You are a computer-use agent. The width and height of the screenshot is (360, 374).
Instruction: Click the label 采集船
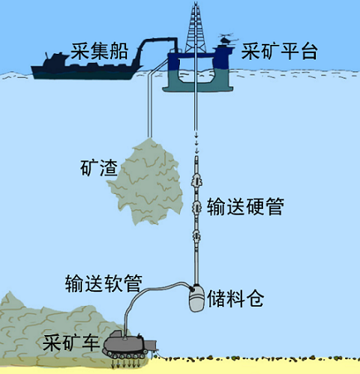pyautogui.click(x=100, y=51)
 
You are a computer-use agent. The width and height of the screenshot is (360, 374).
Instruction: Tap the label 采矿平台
pyautogui.click(x=280, y=51)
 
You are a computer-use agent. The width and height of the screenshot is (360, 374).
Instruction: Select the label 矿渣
pyautogui.click(x=99, y=168)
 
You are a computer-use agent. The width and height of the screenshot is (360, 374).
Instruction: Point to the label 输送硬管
pyautogui.click(x=246, y=206)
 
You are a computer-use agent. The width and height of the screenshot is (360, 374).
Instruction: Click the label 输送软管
pyautogui.click(x=104, y=284)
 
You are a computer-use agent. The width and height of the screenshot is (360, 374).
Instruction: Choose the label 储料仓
pyautogui.click(x=236, y=299)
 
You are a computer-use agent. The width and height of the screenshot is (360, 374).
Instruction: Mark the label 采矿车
pyautogui.click(x=71, y=342)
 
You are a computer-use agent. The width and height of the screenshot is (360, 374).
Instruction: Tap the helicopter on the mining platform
pyautogui.click(x=228, y=39)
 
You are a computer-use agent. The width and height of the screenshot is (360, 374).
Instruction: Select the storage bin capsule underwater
pyautogui.click(x=197, y=299)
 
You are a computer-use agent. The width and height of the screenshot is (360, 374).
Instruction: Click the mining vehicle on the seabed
pyautogui.click(x=129, y=346)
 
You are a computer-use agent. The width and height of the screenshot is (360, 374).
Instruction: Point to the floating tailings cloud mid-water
pyautogui.click(x=145, y=181)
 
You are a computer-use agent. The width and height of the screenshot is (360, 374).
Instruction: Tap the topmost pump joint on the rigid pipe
pyautogui.click(x=196, y=180)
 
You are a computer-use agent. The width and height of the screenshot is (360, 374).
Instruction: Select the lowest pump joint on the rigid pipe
pyautogui.click(x=196, y=236)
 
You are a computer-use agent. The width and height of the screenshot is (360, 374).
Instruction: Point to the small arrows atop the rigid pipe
pyautogui.click(x=197, y=143)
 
